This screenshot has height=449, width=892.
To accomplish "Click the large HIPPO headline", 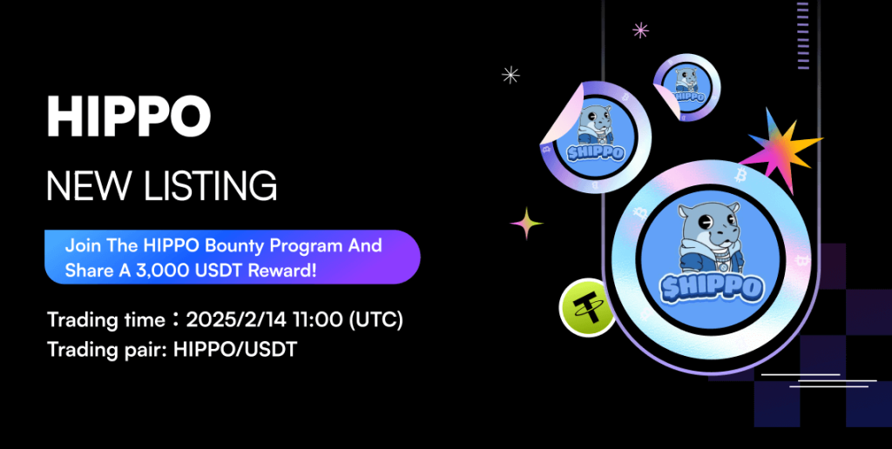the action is point(129,117).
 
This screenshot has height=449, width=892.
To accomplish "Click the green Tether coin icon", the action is point(586,307).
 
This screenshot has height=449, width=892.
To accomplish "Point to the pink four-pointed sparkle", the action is point(526,224).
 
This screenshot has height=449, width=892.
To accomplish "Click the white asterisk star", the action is point(510,75).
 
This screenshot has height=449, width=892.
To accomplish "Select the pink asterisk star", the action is point(640,30).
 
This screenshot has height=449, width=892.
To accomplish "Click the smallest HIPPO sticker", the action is point(686,88).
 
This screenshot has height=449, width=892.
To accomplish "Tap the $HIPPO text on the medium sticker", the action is point(594,151).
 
